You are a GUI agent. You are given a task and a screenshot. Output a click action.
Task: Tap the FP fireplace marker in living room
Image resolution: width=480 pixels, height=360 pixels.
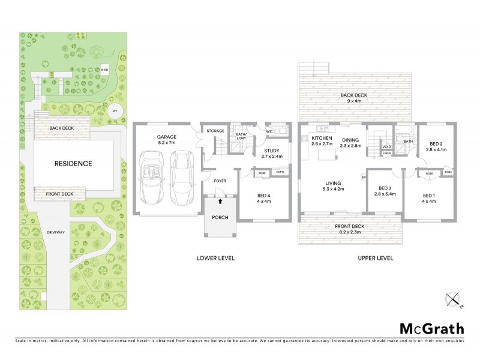363,177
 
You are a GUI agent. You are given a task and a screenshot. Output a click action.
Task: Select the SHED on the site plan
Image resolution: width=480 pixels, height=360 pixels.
104,70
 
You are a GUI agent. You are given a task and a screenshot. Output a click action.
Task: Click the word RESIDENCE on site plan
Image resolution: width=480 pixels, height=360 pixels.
74,163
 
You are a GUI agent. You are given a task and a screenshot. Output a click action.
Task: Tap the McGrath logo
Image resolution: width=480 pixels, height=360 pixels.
431,328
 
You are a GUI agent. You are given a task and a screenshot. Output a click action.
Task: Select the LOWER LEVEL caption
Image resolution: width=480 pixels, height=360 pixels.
215,258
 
